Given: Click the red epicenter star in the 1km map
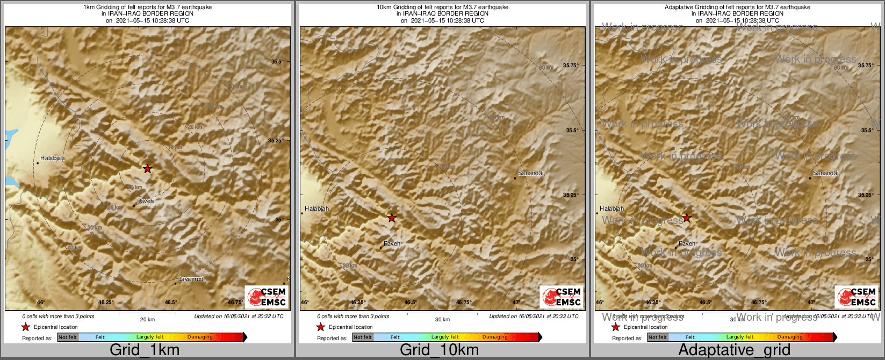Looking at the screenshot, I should coord(148,169).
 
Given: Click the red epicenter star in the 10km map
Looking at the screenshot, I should coord(392,218).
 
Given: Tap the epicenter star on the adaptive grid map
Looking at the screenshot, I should coord(687,218).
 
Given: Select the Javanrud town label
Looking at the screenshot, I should coord(191,279).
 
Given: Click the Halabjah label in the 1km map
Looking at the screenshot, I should coord(53,159).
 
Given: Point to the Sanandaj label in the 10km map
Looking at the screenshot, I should coord(531,174).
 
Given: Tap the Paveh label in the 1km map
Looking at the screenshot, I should coord(146,201).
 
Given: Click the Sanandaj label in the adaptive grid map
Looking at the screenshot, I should coord(826,174).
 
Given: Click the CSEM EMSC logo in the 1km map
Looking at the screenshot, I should coord(267,297).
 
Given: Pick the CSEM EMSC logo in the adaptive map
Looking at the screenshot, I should coord(857,297).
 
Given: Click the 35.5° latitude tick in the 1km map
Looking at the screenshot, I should coord(277,62).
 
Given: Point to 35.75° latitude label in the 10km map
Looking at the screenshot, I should coord(571,66).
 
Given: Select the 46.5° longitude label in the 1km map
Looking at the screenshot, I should coord(171,303).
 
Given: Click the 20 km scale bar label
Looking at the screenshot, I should coord(147,319).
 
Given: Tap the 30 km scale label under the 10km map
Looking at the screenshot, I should coord(442,319).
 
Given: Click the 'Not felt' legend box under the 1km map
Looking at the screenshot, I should coord(68,337).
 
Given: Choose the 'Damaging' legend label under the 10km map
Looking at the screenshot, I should coord(495,337).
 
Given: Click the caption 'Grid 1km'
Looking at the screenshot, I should coord(145,350).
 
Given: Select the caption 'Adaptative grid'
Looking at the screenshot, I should coord(734,350).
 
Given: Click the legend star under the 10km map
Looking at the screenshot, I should coord(321,327).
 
